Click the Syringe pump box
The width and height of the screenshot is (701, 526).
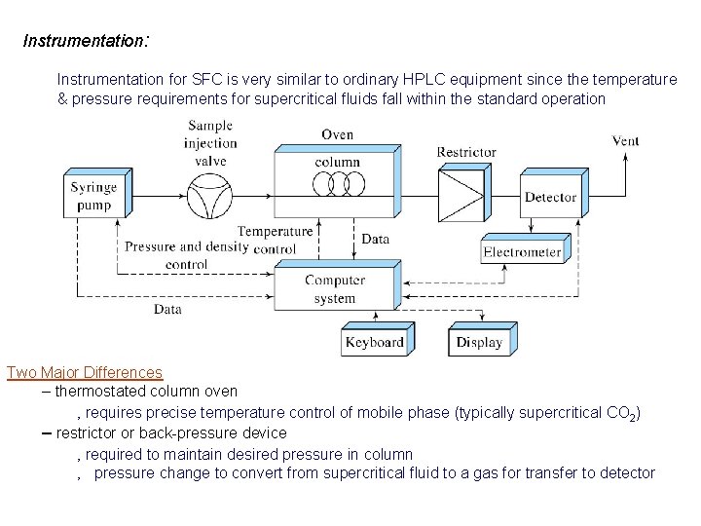click(x=93, y=195)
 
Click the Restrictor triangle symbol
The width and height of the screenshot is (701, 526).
click(x=461, y=197)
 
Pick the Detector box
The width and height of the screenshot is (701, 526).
click(x=550, y=197)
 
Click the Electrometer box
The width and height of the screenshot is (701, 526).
click(x=522, y=252)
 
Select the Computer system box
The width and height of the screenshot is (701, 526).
click(x=335, y=288)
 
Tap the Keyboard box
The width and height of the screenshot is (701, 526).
click(x=374, y=342)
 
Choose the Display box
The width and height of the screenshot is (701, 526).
click(x=479, y=342)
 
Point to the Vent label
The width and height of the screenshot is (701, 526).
click(x=625, y=140)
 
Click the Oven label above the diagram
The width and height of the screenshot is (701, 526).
click(x=337, y=134)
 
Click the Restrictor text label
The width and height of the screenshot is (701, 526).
click(x=466, y=152)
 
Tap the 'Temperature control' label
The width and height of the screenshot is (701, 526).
click(x=276, y=240)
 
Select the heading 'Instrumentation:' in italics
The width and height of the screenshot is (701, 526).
click(x=86, y=41)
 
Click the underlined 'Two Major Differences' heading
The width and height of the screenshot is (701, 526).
click(x=85, y=372)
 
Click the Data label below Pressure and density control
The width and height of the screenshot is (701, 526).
click(x=167, y=309)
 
